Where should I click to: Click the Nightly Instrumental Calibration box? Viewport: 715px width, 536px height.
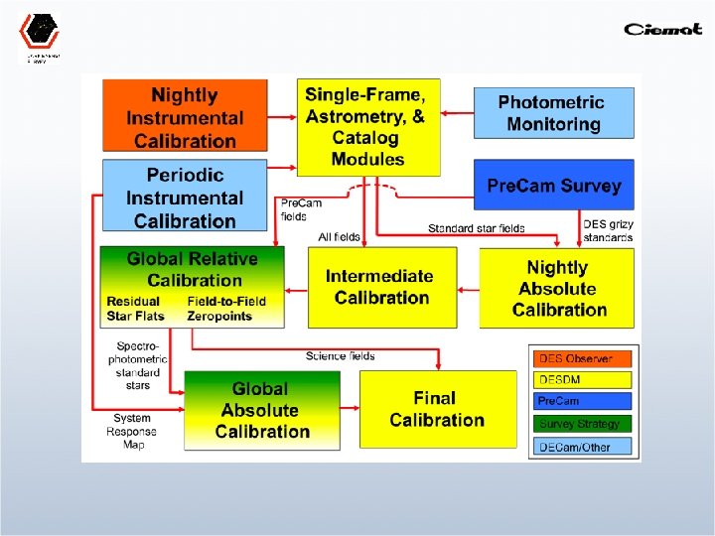click(185, 117)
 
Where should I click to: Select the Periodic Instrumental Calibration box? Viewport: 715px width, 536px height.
click(185, 197)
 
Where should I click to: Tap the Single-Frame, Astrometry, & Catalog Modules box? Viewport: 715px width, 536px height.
click(367, 124)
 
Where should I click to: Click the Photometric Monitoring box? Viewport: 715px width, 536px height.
click(553, 113)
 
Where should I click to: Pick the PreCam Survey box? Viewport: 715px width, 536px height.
click(553, 186)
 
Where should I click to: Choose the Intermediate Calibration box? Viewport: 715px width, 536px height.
click(381, 287)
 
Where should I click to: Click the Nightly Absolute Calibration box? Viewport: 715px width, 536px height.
click(557, 288)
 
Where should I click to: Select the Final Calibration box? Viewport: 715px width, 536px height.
click(437, 409)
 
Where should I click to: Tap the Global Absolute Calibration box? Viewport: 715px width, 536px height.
click(262, 410)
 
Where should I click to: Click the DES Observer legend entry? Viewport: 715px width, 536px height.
click(584, 358)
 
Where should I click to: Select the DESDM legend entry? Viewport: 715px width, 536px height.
click(584, 380)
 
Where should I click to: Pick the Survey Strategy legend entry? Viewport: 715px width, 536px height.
click(584, 424)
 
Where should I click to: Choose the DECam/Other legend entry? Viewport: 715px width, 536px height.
click(584, 447)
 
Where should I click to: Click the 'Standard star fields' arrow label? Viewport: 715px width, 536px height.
click(477, 228)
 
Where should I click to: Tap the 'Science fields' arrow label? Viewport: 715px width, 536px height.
click(341, 355)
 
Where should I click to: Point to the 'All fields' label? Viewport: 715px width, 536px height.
click(339, 237)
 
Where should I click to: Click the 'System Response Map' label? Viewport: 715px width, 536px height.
click(131, 432)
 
